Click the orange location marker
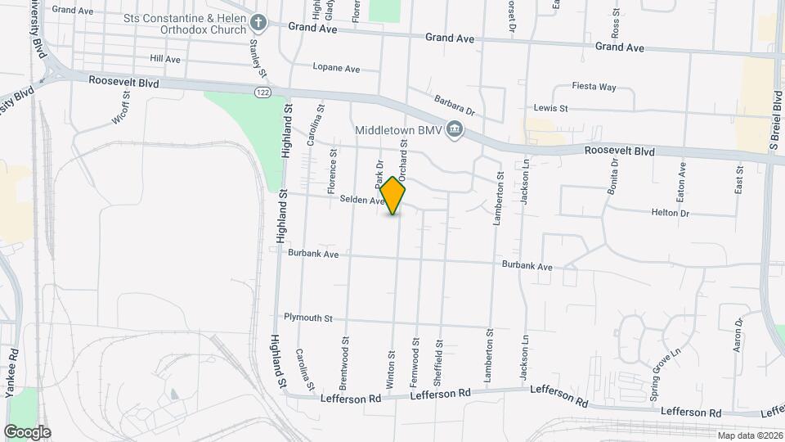pyautogui.click(x=393, y=196)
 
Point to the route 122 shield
pyautogui.click(x=262, y=92)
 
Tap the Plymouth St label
pyautogui.click(x=308, y=318)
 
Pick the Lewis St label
pyautogui.click(x=550, y=107)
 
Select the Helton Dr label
pyautogui.click(x=671, y=213)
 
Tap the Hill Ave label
pyautogui.click(x=165, y=60)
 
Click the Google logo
pyautogui.click(x=27, y=431)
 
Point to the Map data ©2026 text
pyautogui.click(x=750, y=435)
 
